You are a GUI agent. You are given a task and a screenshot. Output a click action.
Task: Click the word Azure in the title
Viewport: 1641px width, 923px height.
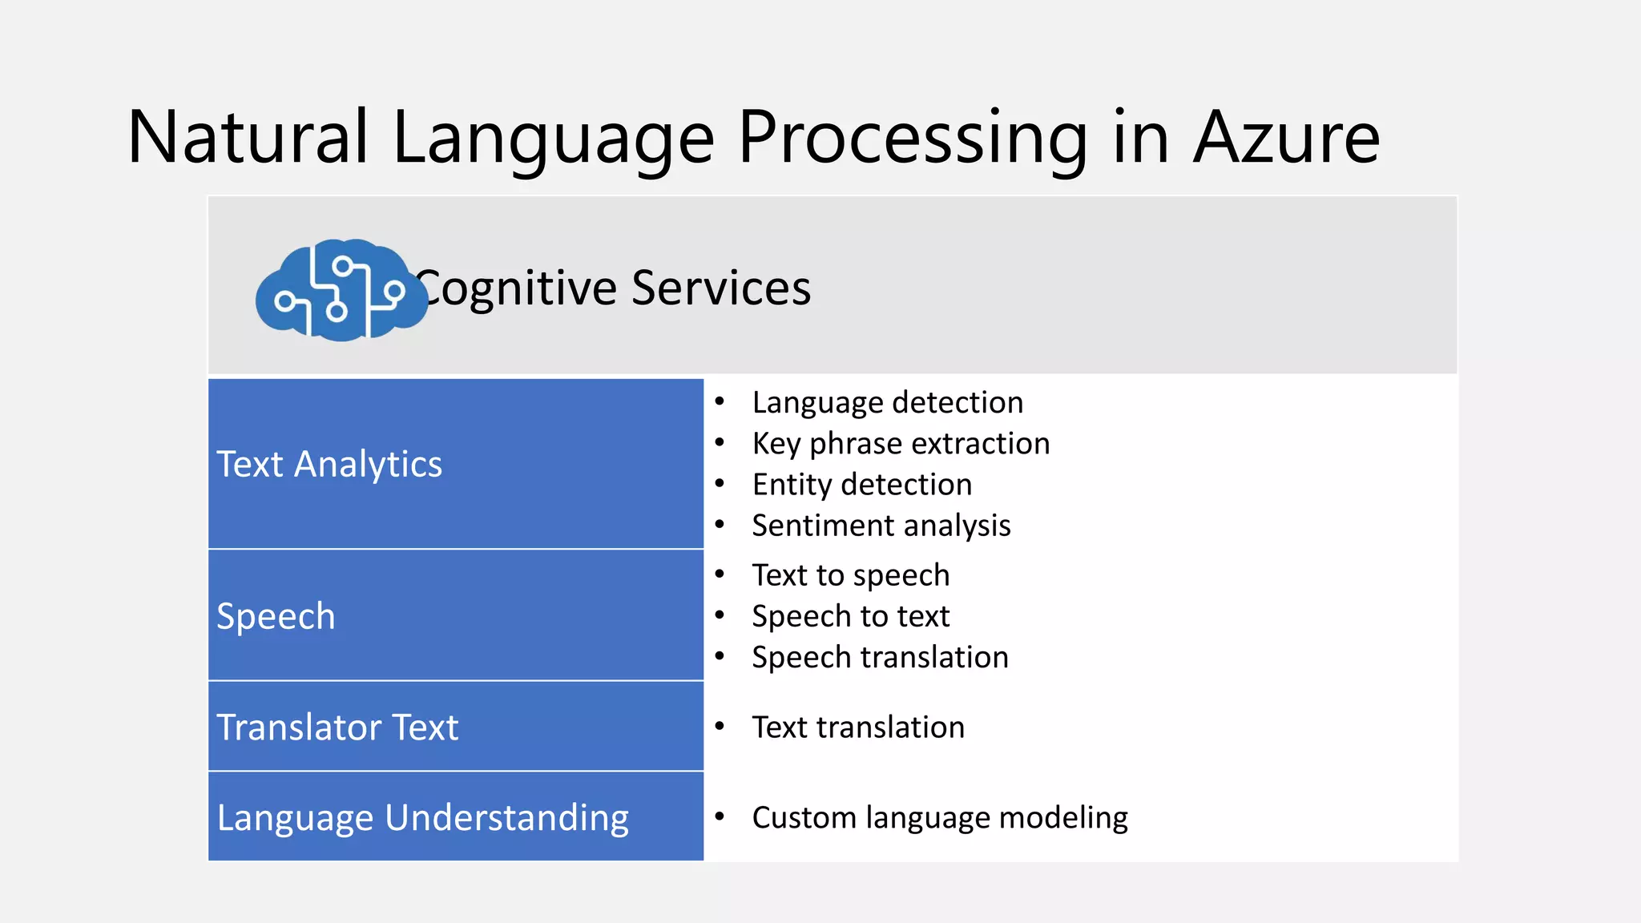[x=1286, y=138]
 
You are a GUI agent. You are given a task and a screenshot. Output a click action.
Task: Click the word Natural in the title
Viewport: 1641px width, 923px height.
[x=248, y=138]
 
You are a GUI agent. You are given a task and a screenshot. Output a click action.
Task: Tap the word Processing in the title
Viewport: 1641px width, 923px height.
[x=912, y=138]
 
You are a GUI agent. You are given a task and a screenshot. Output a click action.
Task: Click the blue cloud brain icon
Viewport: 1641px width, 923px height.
[x=341, y=290]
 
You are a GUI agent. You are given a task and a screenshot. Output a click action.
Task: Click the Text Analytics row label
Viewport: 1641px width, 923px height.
[x=329, y=464]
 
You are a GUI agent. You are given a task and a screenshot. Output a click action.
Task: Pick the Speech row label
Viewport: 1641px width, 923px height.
[x=276, y=616]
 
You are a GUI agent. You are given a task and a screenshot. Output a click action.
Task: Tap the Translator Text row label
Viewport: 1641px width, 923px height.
[x=337, y=728]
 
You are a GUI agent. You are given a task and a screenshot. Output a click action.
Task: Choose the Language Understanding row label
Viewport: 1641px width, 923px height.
[x=422, y=818]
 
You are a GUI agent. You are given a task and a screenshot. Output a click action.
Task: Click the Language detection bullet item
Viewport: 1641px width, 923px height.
[x=887, y=402]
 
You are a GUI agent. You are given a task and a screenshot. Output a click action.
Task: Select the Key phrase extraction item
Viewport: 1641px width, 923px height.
[x=901, y=443]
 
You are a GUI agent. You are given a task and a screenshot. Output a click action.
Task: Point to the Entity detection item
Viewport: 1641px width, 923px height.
[x=861, y=485]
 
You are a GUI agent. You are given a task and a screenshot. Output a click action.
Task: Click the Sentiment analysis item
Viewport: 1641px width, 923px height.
[x=881, y=526]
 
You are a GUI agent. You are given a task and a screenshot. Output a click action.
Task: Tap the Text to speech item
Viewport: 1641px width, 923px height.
[x=850, y=575]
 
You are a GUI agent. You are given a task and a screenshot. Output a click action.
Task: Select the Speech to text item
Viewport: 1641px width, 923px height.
[x=850, y=616]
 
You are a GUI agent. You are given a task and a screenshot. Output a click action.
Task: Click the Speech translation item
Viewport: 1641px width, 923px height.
[x=880, y=657]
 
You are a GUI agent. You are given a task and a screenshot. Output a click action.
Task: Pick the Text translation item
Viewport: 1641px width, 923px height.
[x=858, y=728]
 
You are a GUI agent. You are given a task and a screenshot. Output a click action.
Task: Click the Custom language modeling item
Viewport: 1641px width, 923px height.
[x=939, y=817]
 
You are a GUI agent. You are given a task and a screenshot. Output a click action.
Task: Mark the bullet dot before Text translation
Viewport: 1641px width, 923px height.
[x=720, y=727]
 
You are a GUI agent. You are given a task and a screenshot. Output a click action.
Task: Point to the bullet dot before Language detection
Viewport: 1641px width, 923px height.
[x=720, y=401]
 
